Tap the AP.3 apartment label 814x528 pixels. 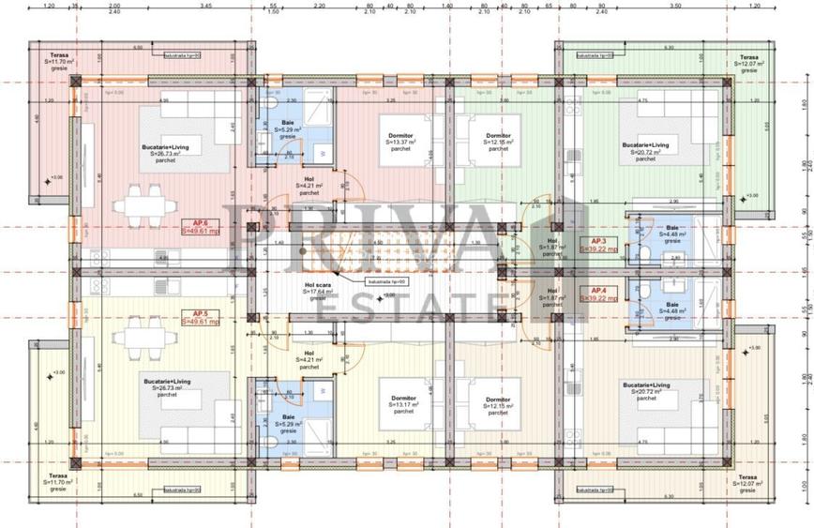[597, 241]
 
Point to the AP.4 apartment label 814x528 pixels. [597, 290]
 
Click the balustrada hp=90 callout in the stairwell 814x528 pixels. [387, 280]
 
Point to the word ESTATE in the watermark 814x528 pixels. [408, 303]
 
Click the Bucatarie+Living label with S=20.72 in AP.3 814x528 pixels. [645, 145]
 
